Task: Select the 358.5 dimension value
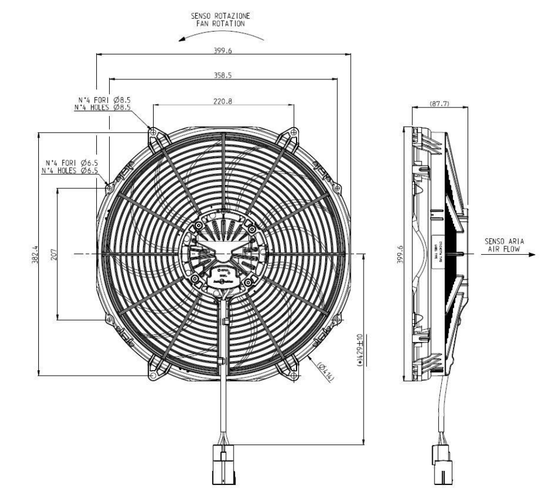pyautogui.click(x=223, y=74)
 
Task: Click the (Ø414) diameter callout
pyautogui.click(x=326, y=373)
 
